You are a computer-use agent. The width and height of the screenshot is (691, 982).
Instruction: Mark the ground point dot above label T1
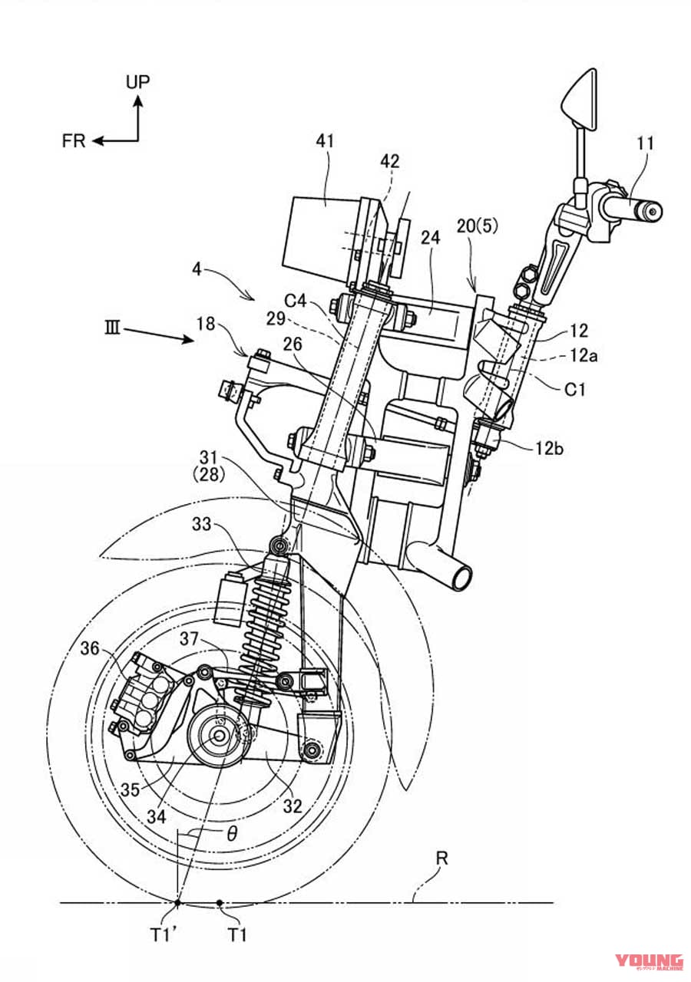(221, 903)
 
